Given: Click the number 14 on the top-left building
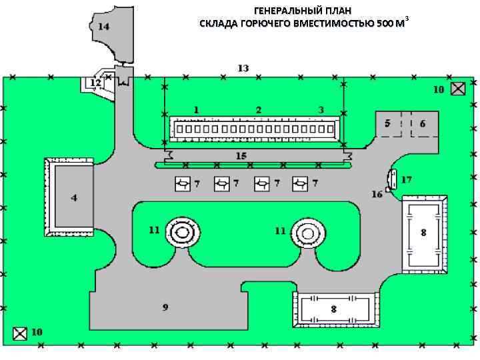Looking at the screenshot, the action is (x=104, y=27).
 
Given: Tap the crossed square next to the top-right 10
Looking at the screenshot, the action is (x=458, y=89).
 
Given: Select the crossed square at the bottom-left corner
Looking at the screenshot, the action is (x=21, y=333).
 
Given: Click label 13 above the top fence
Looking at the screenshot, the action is (x=243, y=68).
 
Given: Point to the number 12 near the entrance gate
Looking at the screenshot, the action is (x=96, y=83).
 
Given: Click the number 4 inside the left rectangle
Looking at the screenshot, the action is (x=74, y=198).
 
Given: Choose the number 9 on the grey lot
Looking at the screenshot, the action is (x=165, y=307).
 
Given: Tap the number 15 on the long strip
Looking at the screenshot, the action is (x=241, y=156).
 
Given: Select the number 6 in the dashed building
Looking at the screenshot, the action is (x=423, y=123).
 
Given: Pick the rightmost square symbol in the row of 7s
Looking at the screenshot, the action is (x=302, y=183).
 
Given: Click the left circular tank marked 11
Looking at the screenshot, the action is (x=182, y=232).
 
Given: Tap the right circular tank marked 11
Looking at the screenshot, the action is (x=307, y=233).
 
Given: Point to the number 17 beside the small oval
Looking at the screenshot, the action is (x=407, y=179).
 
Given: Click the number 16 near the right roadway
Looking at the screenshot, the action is (x=377, y=194).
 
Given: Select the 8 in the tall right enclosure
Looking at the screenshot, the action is (x=423, y=233).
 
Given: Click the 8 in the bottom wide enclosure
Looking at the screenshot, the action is (x=334, y=309).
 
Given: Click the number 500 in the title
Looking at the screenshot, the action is (x=385, y=24).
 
